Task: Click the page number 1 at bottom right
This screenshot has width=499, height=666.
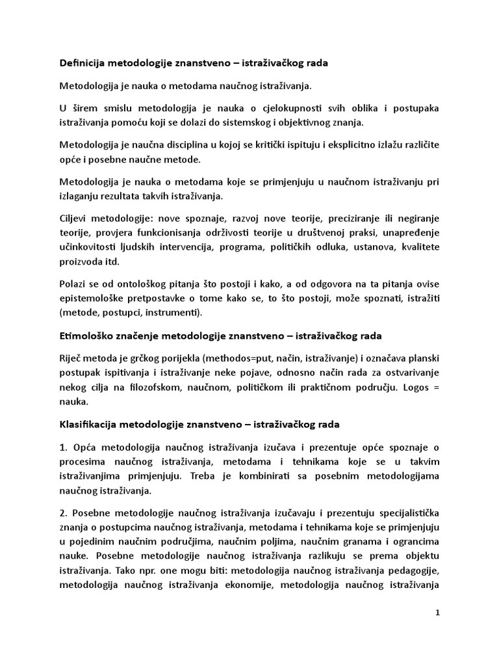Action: click(x=437, y=614)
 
